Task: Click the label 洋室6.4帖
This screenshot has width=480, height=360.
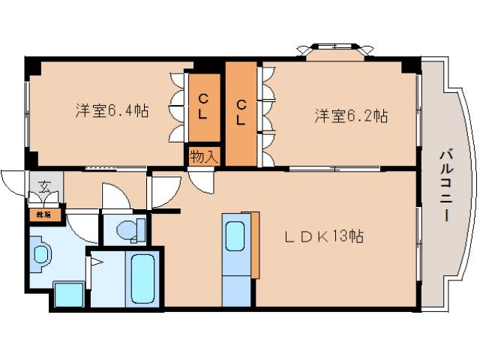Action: coord(111,112)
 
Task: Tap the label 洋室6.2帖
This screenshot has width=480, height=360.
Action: coord(350,116)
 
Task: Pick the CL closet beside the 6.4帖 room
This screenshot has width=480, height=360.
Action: coord(203,106)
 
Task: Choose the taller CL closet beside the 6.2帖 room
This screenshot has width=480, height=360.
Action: coord(241,112)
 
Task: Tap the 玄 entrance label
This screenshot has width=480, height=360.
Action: coord(43,186)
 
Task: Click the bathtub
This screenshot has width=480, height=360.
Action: coord(141,280)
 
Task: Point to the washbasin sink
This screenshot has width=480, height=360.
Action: coord(40,254)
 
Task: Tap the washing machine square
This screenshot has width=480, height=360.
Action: coord(69,294)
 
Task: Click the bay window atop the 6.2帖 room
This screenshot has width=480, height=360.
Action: coord(334,50)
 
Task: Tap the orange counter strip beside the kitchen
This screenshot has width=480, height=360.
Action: coord(256,244)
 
